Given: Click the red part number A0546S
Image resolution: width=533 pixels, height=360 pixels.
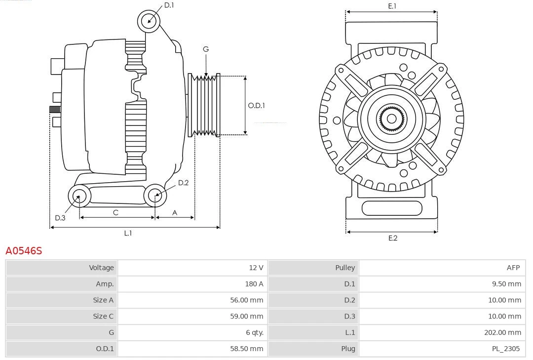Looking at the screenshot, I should [x=24, y=251].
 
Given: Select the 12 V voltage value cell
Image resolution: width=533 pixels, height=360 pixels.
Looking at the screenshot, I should [x=256, y=268].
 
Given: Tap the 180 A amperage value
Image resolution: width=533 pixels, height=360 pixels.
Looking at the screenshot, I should [x=254, y=284].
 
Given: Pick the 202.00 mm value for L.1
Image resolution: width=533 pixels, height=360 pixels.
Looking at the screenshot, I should [x=502, y=333].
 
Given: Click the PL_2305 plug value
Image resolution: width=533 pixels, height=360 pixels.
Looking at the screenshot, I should [x=506, y=349].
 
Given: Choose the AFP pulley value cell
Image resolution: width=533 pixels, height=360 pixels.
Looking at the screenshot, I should [x=513, y=268].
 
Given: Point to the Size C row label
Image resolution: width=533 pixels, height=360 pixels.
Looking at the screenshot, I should [x=103, y=316].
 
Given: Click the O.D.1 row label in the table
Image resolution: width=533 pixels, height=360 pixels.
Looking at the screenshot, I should [x=104, y=349].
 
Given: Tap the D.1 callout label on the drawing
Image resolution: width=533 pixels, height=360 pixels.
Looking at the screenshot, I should [x=169, y=5].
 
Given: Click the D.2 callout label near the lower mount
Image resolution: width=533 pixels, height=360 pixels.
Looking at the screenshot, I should [x=183, y=183].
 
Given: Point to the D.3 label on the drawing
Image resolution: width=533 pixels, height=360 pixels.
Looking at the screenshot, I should [x=60, y=218].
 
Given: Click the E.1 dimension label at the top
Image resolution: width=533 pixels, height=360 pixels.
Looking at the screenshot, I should [x=392, y=6].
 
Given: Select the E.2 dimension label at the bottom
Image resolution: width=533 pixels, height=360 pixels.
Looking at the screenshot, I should [x=392, y=238].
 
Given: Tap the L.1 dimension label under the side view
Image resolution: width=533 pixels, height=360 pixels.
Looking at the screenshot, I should [x=128, y=233].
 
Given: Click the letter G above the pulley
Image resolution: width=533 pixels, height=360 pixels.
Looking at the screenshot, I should [x=206, y=49].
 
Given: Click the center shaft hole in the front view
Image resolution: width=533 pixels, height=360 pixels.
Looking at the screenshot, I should [x=391, y=119].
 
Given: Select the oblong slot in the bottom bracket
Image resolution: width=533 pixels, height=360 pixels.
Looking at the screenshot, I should [x=392, y=208].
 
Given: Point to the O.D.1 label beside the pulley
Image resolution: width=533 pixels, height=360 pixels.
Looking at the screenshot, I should [x=256, y=105].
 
